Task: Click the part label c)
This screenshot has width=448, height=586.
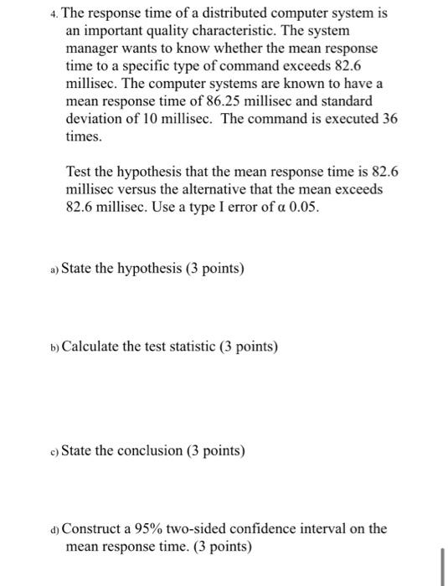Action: coord(54,452)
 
